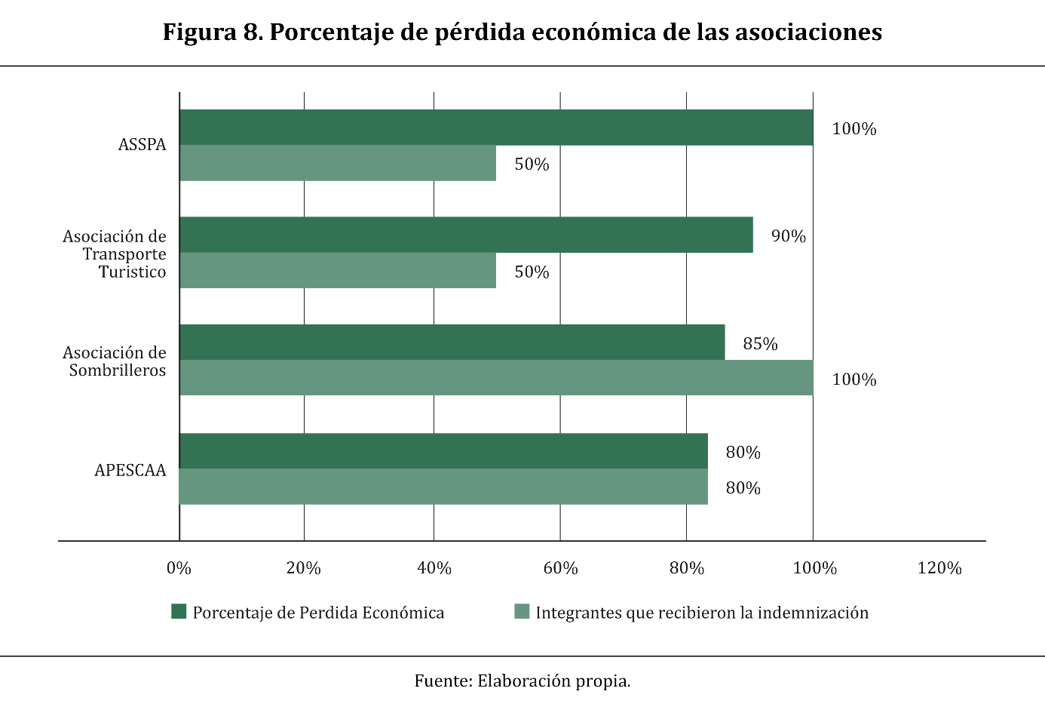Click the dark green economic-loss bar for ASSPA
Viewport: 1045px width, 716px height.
(496, 128)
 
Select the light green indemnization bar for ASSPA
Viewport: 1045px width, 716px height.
(338, 163)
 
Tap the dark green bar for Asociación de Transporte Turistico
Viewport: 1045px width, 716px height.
(466, 235)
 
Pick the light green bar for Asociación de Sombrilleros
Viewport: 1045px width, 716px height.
(496, 377)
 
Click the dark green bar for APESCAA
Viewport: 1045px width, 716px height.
(443, 451)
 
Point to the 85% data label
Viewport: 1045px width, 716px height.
(760, 344)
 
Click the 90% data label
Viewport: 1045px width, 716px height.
(788, 236)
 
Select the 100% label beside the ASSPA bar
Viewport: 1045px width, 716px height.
(853, 129)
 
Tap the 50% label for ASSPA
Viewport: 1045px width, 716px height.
(532, 164)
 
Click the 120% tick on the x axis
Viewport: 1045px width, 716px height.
(939, 568)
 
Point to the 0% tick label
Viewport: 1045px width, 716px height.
(179, 568)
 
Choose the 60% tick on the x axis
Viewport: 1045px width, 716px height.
(560, 568)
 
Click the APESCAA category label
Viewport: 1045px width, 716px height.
(130, 470)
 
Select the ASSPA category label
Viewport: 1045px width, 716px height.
(142, 145)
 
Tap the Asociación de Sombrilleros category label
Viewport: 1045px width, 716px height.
(115, 361)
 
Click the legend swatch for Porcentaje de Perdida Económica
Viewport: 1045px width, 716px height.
(179, 611)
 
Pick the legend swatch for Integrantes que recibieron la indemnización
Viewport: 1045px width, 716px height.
(522, 611)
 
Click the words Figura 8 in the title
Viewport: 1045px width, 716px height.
(211, 32)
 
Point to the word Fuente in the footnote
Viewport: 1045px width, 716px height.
(443, 681)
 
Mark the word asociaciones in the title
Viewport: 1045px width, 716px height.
(807, 32)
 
